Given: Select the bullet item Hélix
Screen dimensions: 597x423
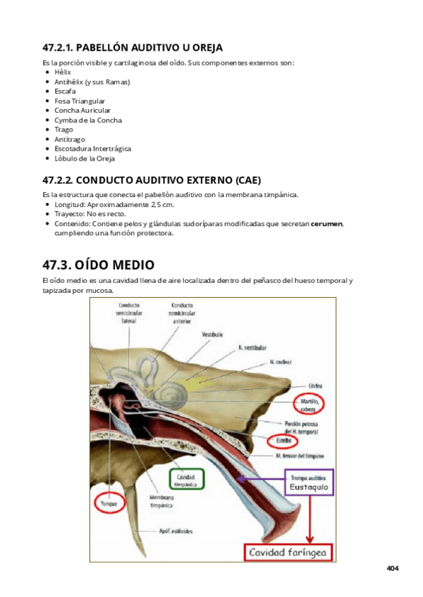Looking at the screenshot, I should click(x=63, y=72).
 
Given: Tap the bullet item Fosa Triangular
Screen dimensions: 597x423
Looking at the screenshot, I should click(x=80, y=101).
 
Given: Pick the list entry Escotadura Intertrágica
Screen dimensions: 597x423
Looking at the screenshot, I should click(x=92, y=149).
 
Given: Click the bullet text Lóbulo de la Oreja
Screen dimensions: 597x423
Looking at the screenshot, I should click(x=85, y=158).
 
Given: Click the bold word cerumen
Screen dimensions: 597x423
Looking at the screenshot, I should click(x=326, y=223).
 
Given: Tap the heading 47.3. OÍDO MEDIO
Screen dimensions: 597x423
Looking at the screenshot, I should click(x=98, y=265).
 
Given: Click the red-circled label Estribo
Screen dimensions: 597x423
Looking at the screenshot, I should click(x=283, y=441).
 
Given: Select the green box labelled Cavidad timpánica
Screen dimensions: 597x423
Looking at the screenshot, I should click(x=187, y=479).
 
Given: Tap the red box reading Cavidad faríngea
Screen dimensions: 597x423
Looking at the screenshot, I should click(x=287, y=553).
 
